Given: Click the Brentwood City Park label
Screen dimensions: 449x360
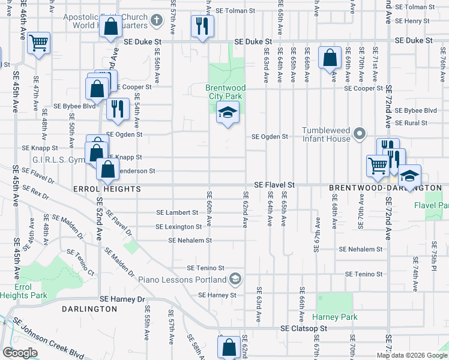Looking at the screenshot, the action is [x=227, y=91].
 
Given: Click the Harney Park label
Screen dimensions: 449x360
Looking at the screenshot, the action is [x=334, y=317].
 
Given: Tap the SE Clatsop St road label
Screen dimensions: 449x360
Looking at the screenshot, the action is [x=304, y=329].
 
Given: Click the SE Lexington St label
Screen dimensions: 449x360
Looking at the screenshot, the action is [x=179, y=227].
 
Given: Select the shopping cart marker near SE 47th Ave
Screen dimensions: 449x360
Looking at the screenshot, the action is [x=38, y=43].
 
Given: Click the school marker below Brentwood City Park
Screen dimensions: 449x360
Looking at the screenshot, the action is [x=227, y=112].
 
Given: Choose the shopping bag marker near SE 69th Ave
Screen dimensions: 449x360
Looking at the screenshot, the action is [x=330, y=58].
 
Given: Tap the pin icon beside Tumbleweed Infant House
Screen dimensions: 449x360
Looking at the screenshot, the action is [x=360, y=133].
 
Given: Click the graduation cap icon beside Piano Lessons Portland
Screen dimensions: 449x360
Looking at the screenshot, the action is [x=236, y=279].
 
